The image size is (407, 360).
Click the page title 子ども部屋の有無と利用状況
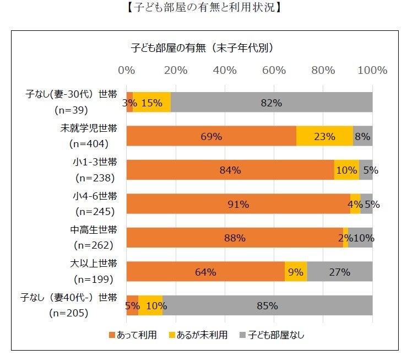coord(203,8)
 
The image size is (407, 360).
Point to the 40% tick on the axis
coord(225,71)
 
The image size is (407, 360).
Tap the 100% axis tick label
coord(373,71)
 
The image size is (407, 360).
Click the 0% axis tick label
coord(127,71)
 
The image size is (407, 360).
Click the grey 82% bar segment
coord(272,102)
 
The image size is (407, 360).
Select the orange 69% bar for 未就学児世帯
coord(211,136)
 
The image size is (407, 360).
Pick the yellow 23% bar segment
coord(324,136)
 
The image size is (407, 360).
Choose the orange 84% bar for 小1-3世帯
coord(230,170)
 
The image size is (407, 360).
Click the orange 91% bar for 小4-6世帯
coord(238,204)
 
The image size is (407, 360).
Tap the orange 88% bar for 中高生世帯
coord(235,238)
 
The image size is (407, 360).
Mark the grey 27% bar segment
coord(340,271)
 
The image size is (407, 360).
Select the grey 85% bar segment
coord(268,305)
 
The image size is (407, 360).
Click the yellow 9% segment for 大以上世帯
coord(296,271)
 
